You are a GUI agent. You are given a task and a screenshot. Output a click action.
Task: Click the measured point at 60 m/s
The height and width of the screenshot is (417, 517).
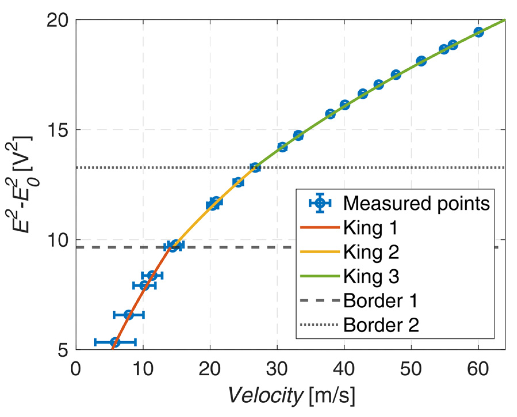pos(478,32)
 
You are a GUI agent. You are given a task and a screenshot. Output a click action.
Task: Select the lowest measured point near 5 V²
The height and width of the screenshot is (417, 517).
pos(115,342)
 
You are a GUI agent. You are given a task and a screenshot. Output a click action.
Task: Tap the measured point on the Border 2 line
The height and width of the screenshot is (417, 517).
pos(255,167)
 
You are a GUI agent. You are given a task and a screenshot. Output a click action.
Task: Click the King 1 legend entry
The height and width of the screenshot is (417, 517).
pos(370,228)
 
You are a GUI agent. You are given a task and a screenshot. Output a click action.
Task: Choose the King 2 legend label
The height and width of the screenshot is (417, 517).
pos(371,252)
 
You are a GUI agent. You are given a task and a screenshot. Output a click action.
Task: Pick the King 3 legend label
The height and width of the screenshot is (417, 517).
pos(371,276)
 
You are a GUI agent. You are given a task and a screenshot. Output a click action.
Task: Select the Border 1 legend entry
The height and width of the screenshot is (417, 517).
pos(380,301)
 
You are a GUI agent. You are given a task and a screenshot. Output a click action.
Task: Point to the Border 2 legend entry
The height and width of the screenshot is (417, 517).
pos(381,325)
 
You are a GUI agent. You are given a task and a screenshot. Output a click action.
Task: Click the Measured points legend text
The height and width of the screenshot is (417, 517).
pos(416,203)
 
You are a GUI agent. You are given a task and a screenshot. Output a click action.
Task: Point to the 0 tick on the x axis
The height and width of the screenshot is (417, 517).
pos(76,369)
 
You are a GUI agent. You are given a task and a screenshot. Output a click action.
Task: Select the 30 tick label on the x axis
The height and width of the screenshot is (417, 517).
pos(277,369)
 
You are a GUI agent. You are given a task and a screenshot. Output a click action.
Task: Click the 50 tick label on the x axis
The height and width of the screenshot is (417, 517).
pos(411,369)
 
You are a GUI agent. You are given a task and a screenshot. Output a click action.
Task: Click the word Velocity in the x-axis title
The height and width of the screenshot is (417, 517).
pos(266,396)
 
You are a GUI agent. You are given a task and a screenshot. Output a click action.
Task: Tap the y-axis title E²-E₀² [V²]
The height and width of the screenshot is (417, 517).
pos(23,184)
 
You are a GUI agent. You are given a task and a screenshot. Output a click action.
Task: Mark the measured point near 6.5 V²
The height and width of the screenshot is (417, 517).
pos(128,315)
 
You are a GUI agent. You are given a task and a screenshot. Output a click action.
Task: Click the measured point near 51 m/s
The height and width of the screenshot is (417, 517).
pos(421,61)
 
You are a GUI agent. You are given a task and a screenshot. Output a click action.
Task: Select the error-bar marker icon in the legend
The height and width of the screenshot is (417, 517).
pos(320,203)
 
